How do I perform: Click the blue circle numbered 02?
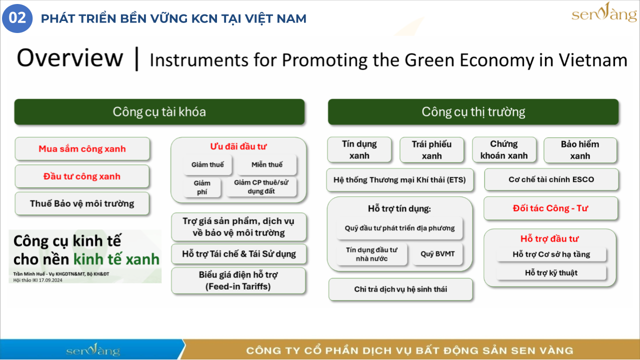[17, 18]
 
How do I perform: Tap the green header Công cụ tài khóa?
[159, 111]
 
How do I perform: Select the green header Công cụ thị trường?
[473, 111]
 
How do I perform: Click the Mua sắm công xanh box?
[82, 148]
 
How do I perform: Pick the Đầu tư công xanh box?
[82, 176]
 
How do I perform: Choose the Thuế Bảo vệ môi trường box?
[82, 203]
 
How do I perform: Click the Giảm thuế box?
[207, 164]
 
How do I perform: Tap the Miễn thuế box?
[267, 164]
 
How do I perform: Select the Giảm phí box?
[202, 187]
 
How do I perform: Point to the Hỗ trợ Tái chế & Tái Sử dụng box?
[239, 253]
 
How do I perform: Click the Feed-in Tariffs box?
[238, 280]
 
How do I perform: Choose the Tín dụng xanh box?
[359, 149]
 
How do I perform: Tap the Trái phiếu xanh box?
[431, 150]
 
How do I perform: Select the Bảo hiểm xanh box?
[580, 150]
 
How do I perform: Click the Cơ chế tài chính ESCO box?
[551, 179]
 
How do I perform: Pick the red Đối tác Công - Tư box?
[550, 208]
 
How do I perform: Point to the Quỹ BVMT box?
[437, 253]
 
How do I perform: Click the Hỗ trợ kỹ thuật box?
[551, 273]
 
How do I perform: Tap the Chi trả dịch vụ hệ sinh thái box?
[400, 289]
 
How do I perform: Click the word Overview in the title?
[70, 58]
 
